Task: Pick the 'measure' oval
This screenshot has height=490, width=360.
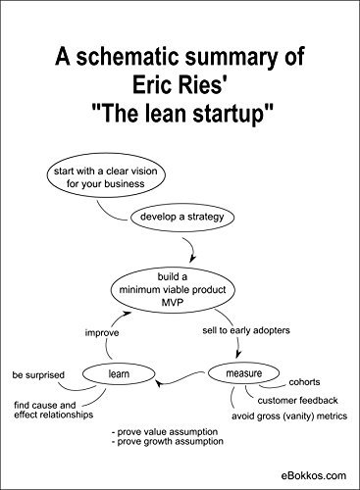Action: click(x=240, y=373)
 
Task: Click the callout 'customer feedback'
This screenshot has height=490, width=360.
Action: click(x=298, y=400)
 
